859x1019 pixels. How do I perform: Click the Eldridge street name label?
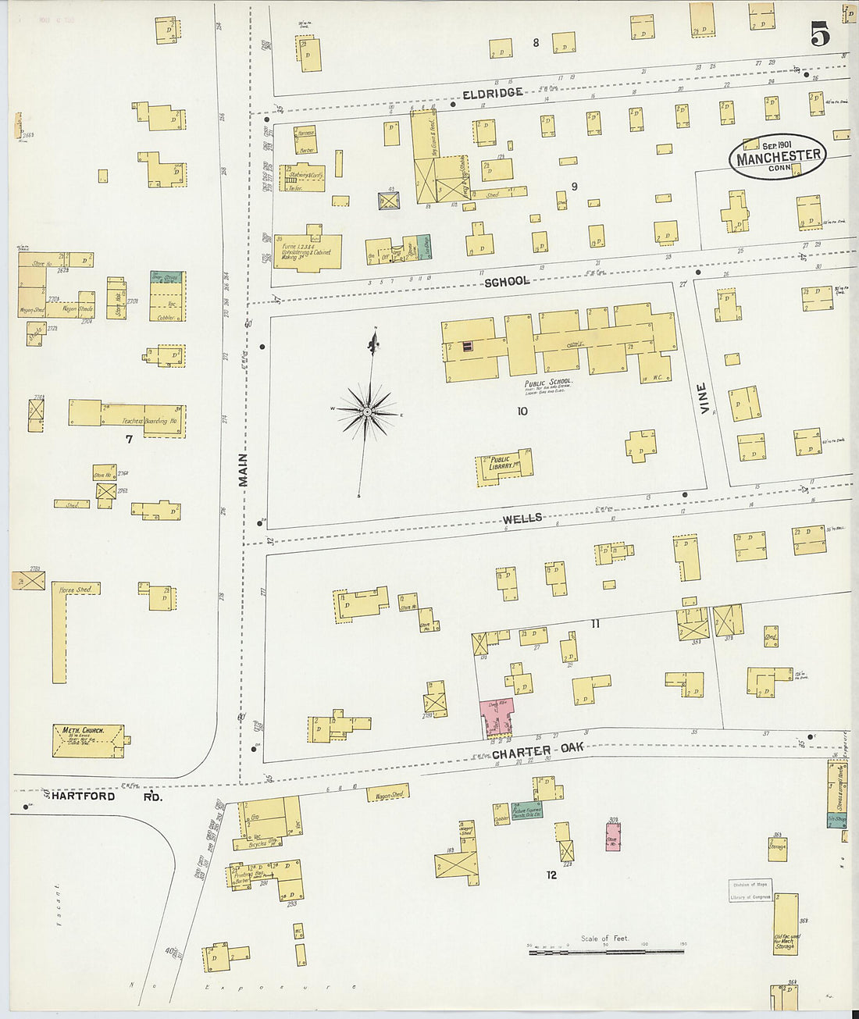(492, 93)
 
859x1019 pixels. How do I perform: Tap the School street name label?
(506, 281)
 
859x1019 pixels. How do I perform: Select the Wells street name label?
(522, 518)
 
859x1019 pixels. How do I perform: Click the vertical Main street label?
(243, 469)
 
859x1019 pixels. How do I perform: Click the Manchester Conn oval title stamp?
(778, 157)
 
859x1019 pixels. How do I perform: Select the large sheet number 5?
(819, 34)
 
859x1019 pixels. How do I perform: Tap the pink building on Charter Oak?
(496, 717)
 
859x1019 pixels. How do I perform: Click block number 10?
(522, 411)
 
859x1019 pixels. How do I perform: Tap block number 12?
(551, 875)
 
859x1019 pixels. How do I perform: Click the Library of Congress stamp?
(750, 891)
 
